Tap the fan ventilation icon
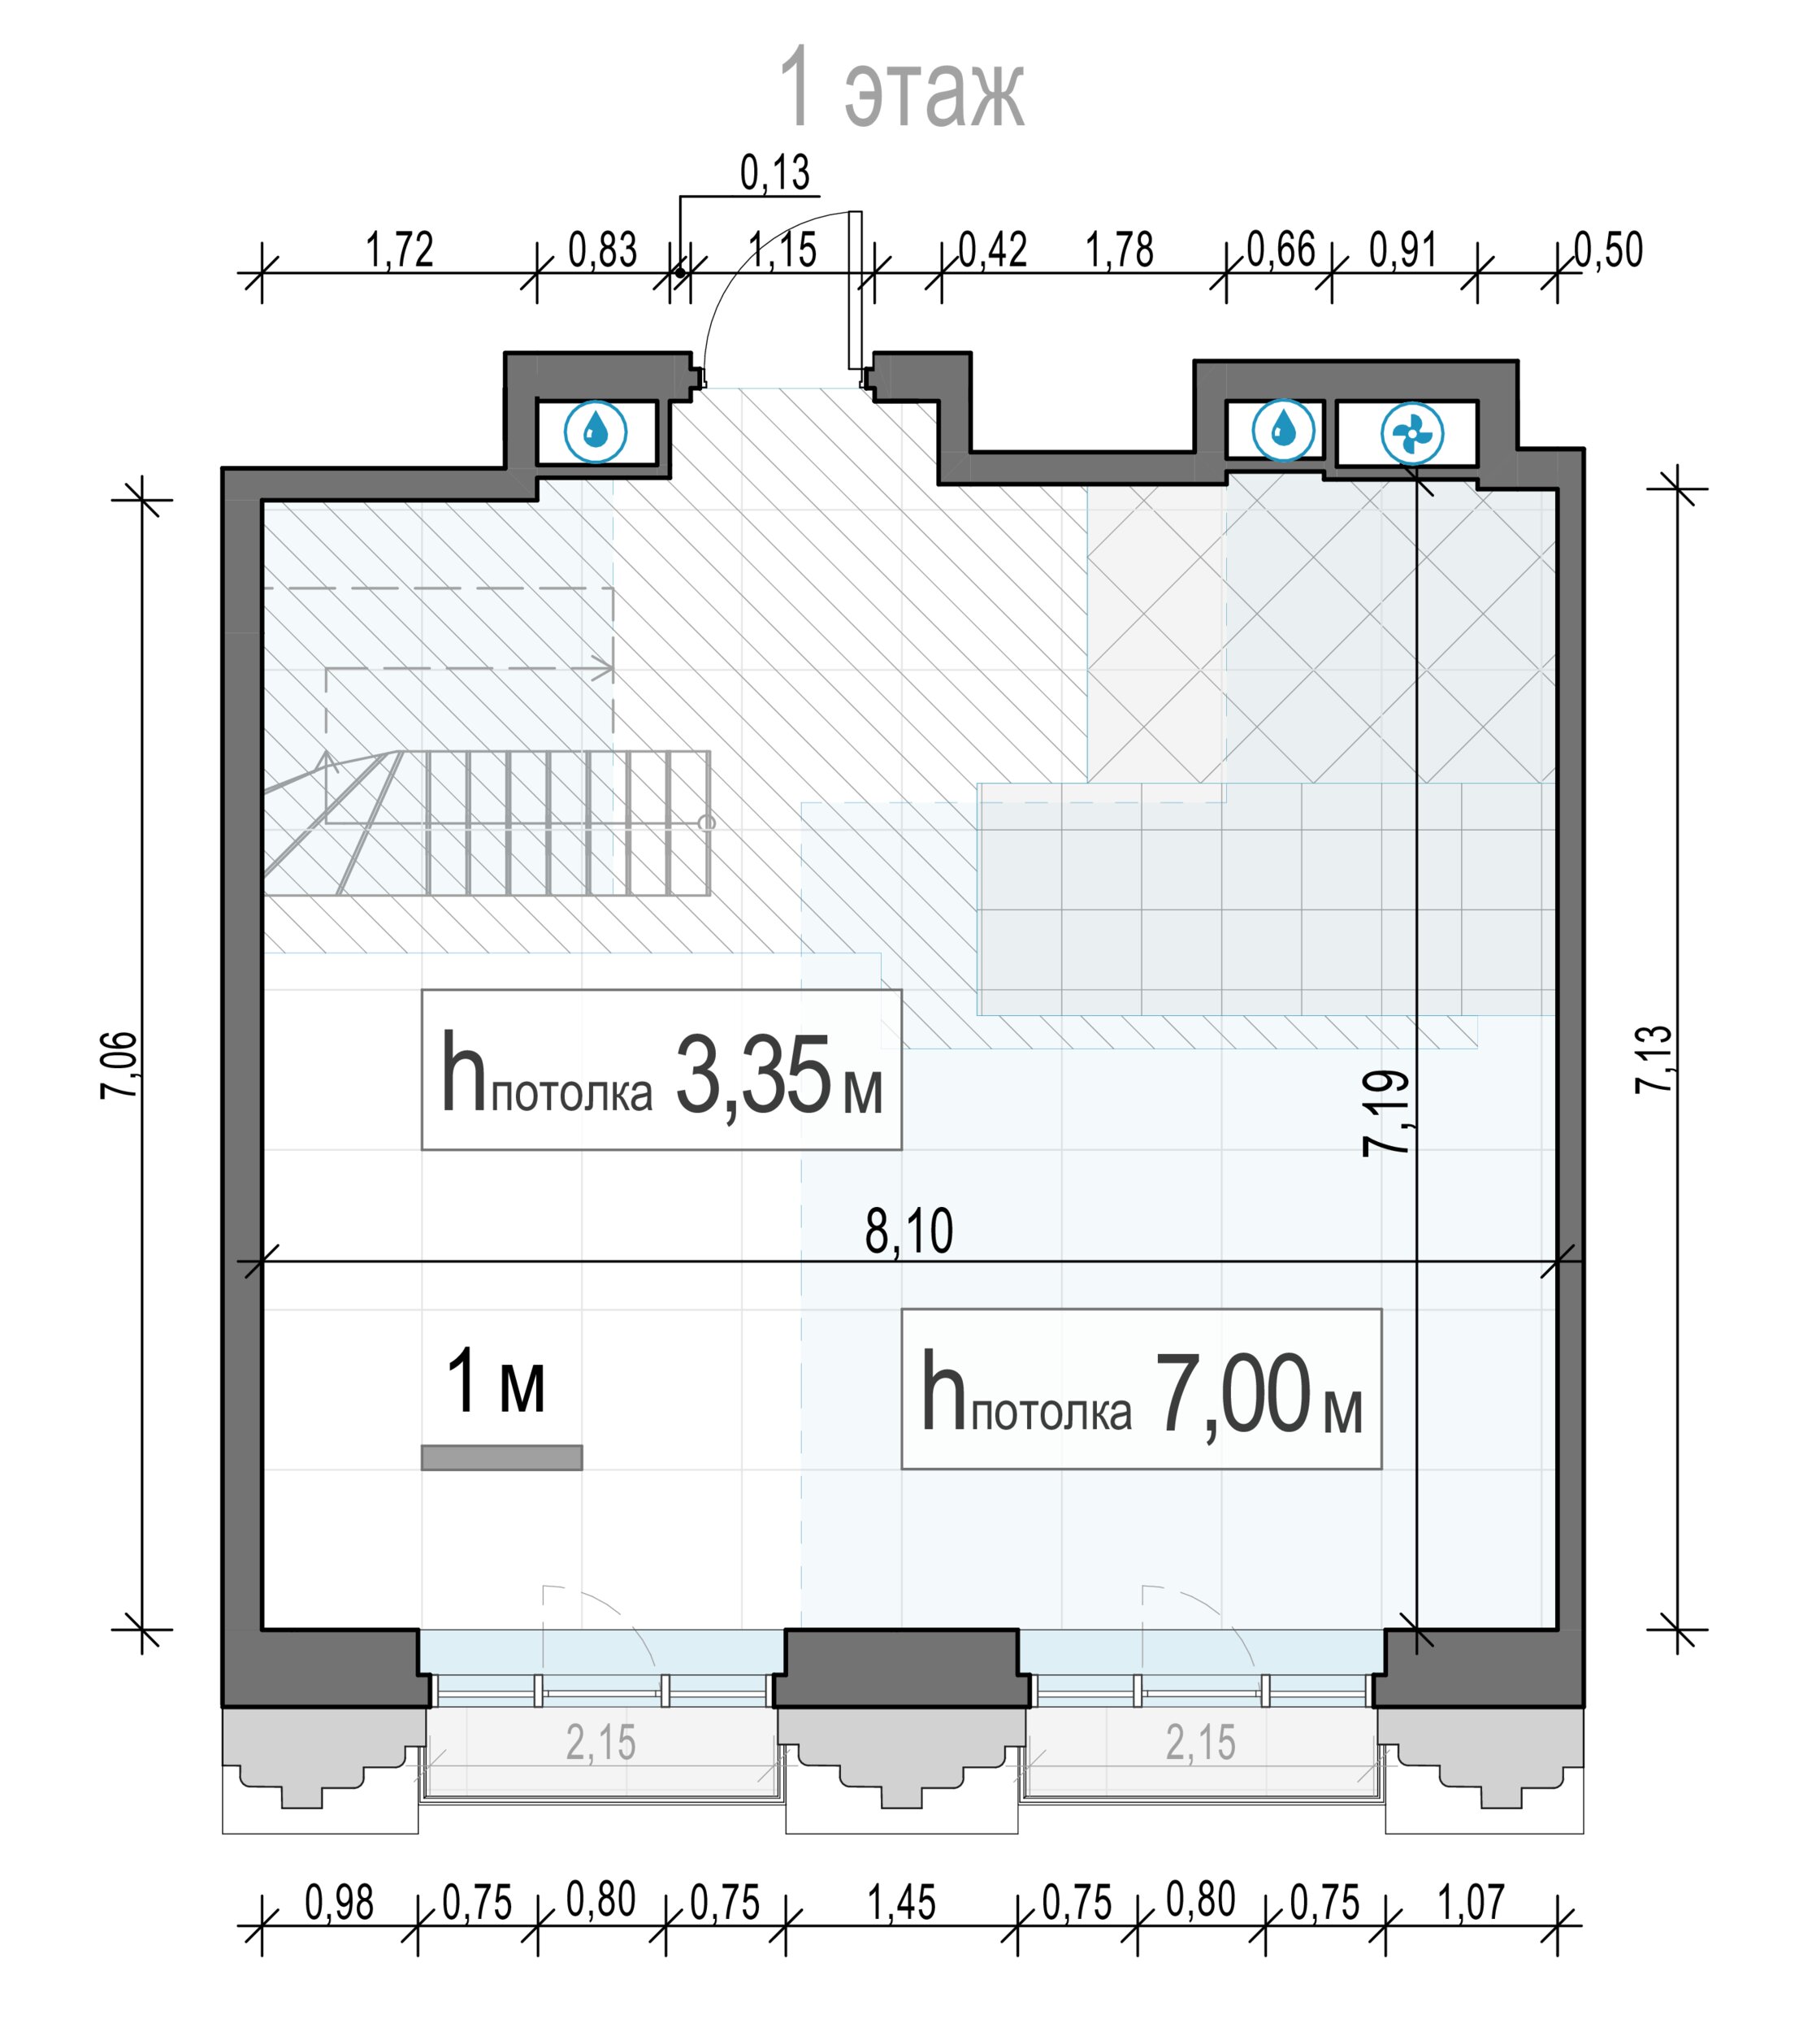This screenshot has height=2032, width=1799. pos(1411,433)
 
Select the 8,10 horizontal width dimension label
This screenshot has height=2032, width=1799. pos(909,1231)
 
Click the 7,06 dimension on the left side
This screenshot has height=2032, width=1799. pos(119,1065)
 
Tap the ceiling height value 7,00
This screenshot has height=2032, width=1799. pos(1233,1395)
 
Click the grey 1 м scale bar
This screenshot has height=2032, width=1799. pos(502,1457)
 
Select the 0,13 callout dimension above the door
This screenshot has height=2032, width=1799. pos(775,173)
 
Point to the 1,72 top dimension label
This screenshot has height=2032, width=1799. pos(400,250)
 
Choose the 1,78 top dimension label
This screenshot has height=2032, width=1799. pos(1119,250)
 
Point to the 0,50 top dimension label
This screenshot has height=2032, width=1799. pos(1608,250)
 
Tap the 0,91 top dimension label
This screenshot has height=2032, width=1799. pos(1403,250)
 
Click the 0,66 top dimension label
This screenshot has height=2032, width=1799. pos(1281,250)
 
